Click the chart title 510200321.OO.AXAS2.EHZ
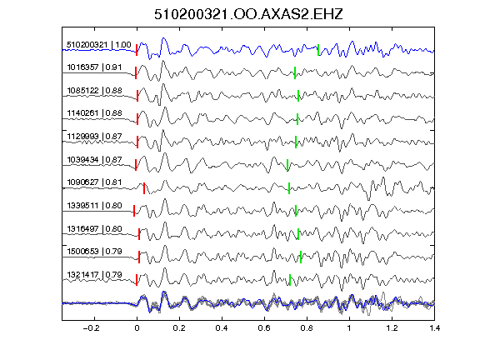(x=248, y=14)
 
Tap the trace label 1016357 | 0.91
(x=94, y=67)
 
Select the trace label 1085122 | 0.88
(x=94, y=91)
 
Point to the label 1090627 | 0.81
(x=94, y=182)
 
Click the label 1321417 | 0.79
(x=94, y=275)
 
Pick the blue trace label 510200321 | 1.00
(x=99, y=45)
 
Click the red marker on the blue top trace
(x=137, y=50)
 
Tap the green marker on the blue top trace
(x=318, y=50)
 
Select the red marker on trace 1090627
(x=144, y=188)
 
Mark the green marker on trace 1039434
(x=287, y=165)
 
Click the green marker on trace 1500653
(x=301, y=257)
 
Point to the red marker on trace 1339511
(x=134, y=211)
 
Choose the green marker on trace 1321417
(x=290, y=280)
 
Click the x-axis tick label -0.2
(x=91, y=328)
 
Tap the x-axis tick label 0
(x=137, y=328)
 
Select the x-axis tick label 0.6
(x=264, y=328)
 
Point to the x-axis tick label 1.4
(x=434, y=328)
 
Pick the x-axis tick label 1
(x=349, y=328)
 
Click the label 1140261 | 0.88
(x=94, y=113)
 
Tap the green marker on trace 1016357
(x=295, y=72)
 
